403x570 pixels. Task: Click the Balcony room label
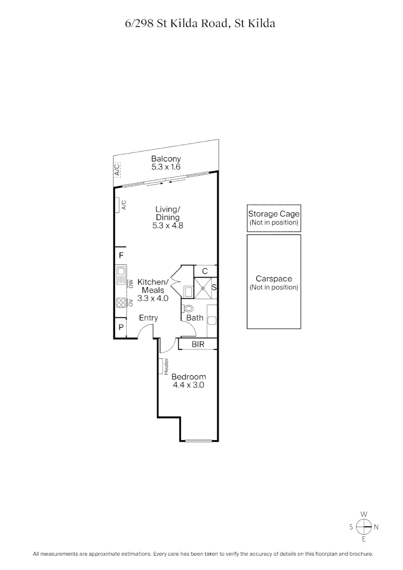166,159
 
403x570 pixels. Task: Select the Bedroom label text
188,377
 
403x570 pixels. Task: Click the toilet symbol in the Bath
188,308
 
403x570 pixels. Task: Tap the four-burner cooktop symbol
121,303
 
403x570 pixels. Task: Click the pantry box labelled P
121,327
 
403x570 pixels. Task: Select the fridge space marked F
121,255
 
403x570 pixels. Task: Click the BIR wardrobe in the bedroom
198,344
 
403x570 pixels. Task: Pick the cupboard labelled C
205,271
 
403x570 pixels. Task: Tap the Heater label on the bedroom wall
166,367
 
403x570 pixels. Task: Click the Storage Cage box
274,218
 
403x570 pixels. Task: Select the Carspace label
274,279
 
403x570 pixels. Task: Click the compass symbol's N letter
376,527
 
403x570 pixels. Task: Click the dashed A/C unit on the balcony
117,169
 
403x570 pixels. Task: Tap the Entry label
148,318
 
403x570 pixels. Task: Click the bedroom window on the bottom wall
199,441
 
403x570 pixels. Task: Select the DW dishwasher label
130,283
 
